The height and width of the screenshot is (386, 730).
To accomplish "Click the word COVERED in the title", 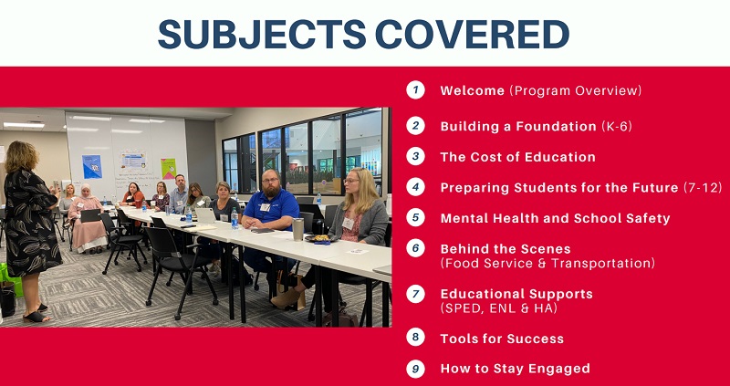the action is pos(473,34).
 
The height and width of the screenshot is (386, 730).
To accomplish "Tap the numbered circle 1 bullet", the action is pos(415,89).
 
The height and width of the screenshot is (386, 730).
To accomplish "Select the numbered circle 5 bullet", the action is pos(415,217).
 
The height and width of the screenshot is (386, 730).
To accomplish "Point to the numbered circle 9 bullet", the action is pos(415,369).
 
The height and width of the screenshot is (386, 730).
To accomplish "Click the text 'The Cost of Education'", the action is pos(517,157).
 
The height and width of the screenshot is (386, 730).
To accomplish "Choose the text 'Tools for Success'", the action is pos(502,339).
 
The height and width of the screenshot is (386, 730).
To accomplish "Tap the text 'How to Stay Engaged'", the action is pos(515,369).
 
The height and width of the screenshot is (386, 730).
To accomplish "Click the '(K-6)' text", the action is pos(617,126).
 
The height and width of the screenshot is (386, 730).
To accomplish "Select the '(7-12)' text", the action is pos(703,188).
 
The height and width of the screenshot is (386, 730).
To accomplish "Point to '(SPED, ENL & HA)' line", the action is pos(498,308).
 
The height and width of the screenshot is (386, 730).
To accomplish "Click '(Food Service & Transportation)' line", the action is pos(547,263).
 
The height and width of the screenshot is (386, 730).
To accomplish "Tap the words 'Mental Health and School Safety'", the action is pos(555,218).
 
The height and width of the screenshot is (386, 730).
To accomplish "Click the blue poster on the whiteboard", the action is pos(92,166).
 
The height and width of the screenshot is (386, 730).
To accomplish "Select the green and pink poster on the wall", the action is pos(168,169).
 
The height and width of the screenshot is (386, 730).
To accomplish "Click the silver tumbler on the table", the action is pos(298,230).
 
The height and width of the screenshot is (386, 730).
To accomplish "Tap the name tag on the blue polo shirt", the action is pos(265,207).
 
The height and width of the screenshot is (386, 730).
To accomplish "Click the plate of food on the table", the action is pos(320,238).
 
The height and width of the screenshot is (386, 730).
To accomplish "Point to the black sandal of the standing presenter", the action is pos(36,317).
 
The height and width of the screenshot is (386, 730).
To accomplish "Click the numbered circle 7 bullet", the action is pos(415,294).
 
